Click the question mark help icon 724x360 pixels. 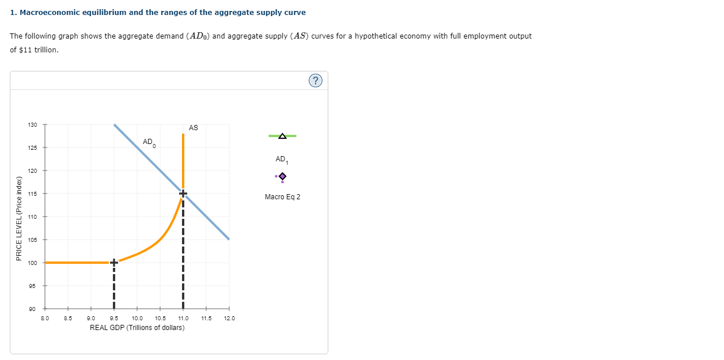pyautogui.click(x=315, y=81)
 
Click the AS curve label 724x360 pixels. pyautogui.click(x=193, y=128)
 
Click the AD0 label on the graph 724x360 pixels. pyautogui.click(x=149, y=142)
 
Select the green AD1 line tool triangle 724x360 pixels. pyautogui.click(x=282, y=136)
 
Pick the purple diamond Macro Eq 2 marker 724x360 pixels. pyautogui.click(x=282, y=176)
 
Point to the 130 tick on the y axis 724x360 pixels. pyautogui.click(x=32, y=125)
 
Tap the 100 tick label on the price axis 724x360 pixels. pyautogui.click(x=32, y=263)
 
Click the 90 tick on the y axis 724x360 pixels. pyautogui.click(x=32, y=309)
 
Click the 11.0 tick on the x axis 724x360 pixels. pyautogui.click(x=183, y=318)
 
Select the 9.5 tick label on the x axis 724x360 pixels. pyautogui.click(x=114, y=318)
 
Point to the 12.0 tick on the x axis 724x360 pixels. pyautogui.click(x=229, y=318)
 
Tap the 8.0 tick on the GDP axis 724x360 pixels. pyautogui.click(x=45, y=318)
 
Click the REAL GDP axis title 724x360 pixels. pyautogui.click(x=137, y=328)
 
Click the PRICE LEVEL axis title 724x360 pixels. pyautogui.click(x=20, y=219)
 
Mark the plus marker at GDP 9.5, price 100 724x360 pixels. pyautogui.click(x=114, y=263)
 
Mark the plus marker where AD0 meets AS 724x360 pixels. pyautogui.click(x=183, y=194)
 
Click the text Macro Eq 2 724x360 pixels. pyautogui.click(x=282, y=197)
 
